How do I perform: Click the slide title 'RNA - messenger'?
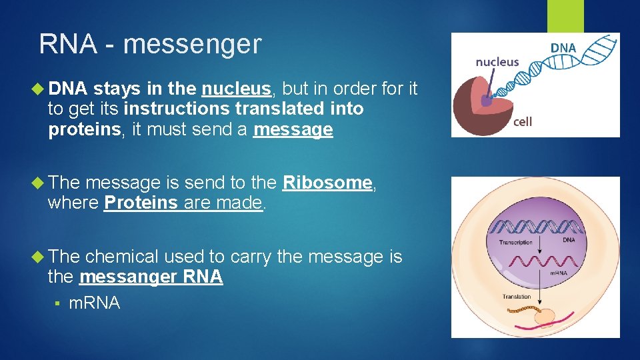[x=150, y=45]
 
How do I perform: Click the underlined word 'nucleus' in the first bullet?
[x=236, y=89]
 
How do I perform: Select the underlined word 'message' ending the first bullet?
[x=293, y=130]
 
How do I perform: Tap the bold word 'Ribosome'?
[x=327, y=183]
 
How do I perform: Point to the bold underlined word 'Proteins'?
[x=140, y=203]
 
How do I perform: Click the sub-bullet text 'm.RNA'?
[x=95, y=303]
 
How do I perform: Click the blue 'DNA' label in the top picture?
[x=563, y=47]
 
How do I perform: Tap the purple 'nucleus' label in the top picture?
[x=497, y=62]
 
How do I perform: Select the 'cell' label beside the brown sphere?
[x=523, y=122]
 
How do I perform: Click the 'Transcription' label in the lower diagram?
[x=516, y=243]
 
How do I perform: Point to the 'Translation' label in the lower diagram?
[x=517, y=297]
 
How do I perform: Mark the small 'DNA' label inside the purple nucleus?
[x=569, y=239]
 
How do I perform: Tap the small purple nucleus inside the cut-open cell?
[x=487, y=101]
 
